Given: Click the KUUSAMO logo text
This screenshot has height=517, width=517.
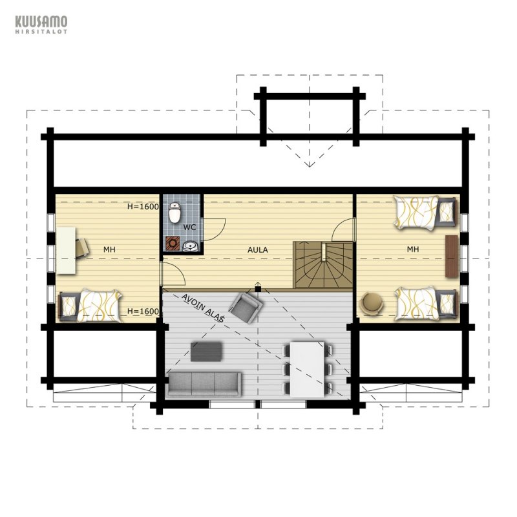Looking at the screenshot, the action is pos(41,22).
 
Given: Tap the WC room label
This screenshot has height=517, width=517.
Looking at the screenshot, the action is pos(189,227).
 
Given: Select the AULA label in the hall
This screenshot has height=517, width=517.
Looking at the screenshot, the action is pos(257,250).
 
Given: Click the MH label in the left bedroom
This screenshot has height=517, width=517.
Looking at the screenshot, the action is pos(109,249).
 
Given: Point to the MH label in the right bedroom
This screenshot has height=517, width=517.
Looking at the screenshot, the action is pos(412,249).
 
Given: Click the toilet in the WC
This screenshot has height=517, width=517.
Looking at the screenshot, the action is pos(174,213).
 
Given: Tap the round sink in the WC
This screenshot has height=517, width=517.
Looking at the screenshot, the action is pos(189,246).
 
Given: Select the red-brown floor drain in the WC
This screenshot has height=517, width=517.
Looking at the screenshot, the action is pos(173,244).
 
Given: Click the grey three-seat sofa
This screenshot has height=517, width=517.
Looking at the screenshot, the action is pos(204,384).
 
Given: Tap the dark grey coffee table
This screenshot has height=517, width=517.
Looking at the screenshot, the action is pos(206,352).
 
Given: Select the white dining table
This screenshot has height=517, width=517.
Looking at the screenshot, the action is pos(308,369).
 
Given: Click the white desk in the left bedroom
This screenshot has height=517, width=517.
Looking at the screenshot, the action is pos(66,250).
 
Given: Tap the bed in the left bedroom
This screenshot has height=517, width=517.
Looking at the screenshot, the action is pos(90,306).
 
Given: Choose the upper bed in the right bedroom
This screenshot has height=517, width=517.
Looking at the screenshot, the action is pos(425,212).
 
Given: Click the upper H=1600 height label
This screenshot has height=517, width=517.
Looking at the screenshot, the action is pos(143,207).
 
